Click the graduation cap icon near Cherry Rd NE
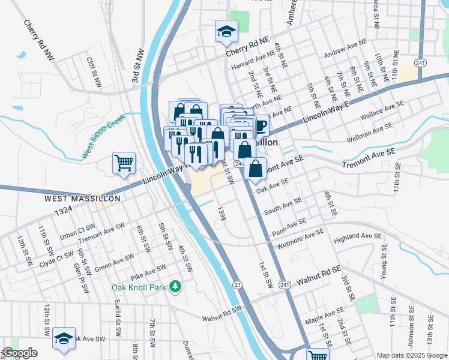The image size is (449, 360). click(227, 31)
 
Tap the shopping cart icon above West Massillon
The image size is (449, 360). click(124, 163)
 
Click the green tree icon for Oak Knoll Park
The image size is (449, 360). click(175, 287)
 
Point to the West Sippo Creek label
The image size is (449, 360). click(102, 136)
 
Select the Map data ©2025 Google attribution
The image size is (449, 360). click(411, 355)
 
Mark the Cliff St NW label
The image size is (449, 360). click(95, 71)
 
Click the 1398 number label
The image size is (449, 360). click(221, 214)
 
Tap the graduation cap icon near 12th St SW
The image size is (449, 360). click(64, 338)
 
